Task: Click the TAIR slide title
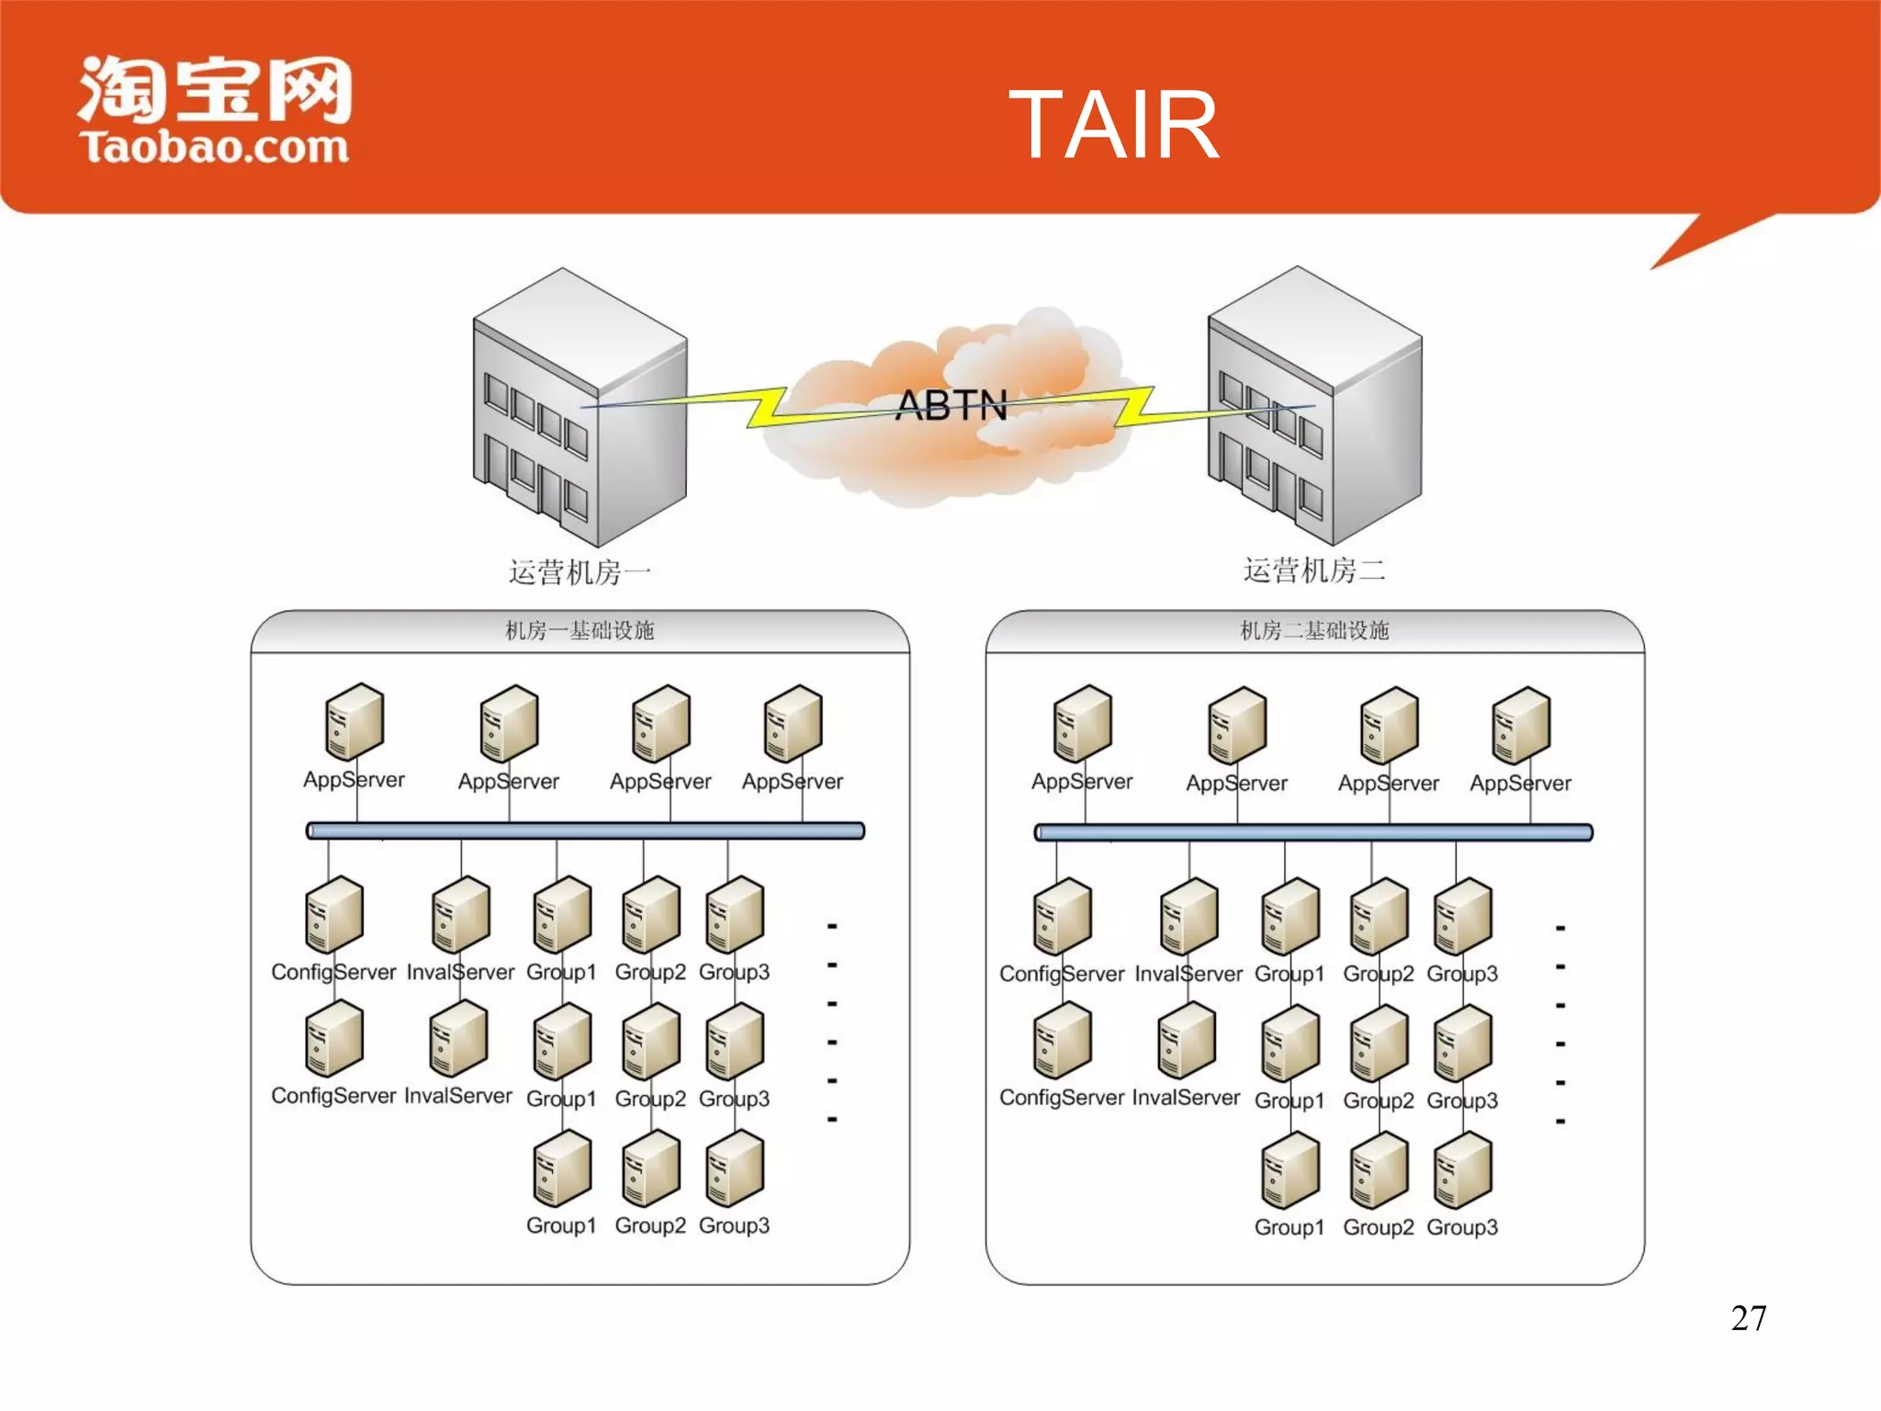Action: pyautogui.click(x=1113, y=125)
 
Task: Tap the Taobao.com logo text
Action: pyautogui.click(x=214, y=148)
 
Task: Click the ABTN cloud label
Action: pyautogui.click(x=952, y=405)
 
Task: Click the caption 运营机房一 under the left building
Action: pyautogui.click(x=580, y=572)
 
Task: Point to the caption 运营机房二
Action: pyautogui.click(x=1314, y=570)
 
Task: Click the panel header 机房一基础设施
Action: pyautogui.click(x=580, y=631)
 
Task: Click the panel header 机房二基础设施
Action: pyautogui.click(x=1314, y=631)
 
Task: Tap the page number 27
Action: pyautogui.click(x=1748, y=1318)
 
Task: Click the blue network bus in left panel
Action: pyautogui.click(x=585, y=830)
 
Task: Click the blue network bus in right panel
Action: pyautogui.click(x=1313, y=832)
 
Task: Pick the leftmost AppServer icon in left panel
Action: pyautogui.click(x=354, y=723)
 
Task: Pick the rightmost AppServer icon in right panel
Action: pyautogui.click(x=1521, y=726)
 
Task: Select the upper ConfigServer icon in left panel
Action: pyautogui.click(x=333, y=915)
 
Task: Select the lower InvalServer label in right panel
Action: pyautogui.click(x=1186, y=1098)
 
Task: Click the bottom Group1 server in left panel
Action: pyautogui.click(x=561, y=1168)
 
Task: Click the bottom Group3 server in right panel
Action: pyautogui.click(x=1462, y=1170)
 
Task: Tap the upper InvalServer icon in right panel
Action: pyautogui.click(x=1188, y=917)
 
